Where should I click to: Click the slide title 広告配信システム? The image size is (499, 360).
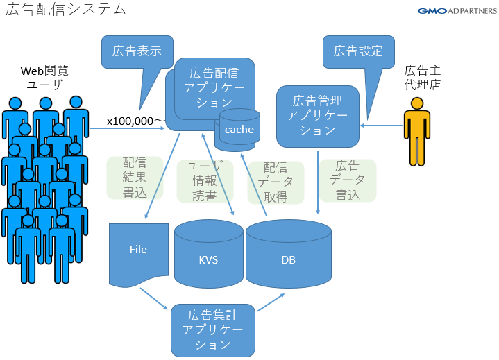tap(66, 10)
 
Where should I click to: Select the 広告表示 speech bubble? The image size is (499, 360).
tap(136, 51)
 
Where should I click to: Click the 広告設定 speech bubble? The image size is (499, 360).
tap(358, 51)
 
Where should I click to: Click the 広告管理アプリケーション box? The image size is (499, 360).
tap(317, 116)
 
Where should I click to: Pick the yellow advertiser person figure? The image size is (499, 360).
tap(416, 132)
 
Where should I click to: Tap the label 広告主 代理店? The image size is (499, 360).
tap(423, 78)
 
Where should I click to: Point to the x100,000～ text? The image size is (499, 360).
tap(135, 121)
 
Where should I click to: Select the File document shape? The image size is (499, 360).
tap(139, 252)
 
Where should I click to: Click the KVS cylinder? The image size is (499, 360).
tap(208, 257)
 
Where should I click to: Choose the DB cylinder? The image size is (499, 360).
tap(288, 257)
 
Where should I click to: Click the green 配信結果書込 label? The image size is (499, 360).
tap(135, 178)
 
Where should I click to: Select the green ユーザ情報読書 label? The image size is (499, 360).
tap(204, 181)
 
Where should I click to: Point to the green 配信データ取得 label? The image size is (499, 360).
tap(276, 182)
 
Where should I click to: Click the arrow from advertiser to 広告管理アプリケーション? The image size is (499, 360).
tap(382, 126)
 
